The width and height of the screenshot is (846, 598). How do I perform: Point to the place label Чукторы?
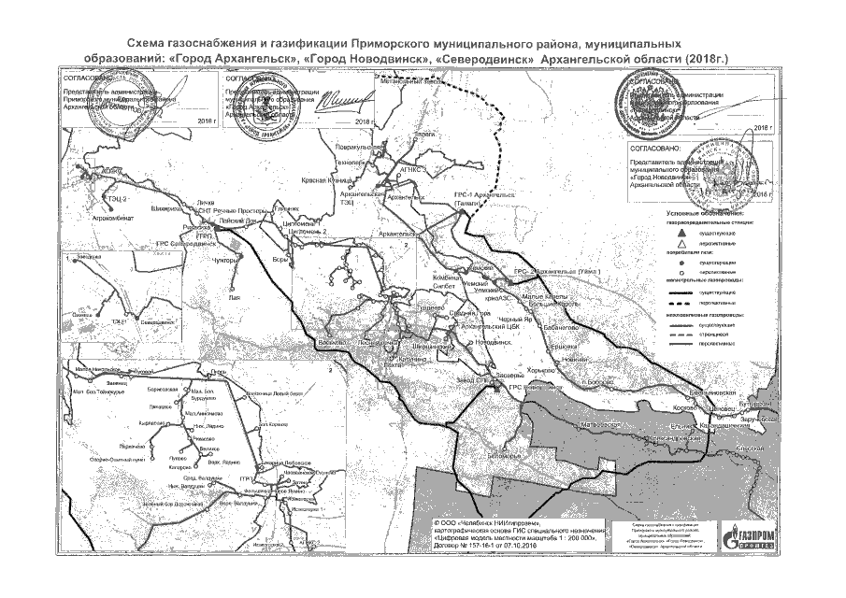click(226, 261)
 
